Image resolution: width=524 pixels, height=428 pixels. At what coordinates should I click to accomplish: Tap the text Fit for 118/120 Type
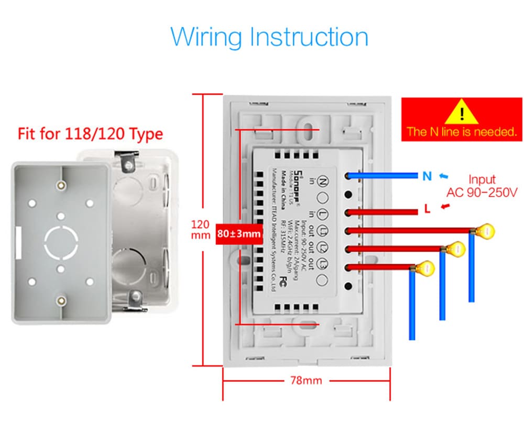90,134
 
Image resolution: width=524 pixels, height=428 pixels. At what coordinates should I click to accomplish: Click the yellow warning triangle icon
461,111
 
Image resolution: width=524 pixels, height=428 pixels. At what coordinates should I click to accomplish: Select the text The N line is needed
462,132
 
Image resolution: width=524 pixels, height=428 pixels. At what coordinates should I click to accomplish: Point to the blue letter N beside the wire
427,176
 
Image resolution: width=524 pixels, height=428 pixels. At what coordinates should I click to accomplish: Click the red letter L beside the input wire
427,210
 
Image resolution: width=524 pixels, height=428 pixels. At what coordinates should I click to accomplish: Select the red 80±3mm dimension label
238,233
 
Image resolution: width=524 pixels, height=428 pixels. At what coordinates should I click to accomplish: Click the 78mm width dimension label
306,380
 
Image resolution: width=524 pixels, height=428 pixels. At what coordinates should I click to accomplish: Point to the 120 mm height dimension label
200,230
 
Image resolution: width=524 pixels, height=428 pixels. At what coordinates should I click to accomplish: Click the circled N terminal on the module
323,182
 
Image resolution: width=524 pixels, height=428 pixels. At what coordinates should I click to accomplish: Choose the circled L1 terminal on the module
323,231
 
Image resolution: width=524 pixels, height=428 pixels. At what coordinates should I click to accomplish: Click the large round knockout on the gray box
62,242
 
